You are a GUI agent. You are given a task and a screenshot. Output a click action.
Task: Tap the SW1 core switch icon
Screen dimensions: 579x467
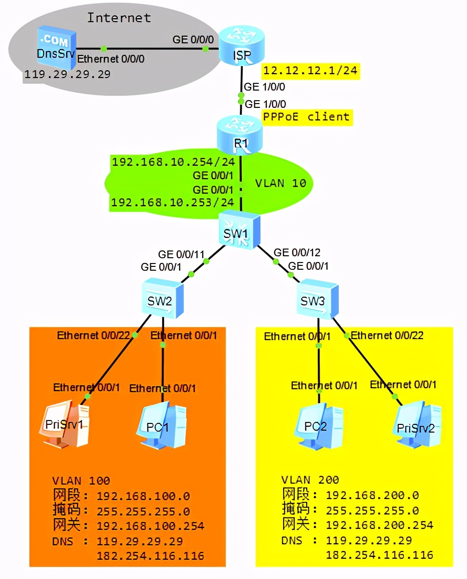click(x=239, y=231)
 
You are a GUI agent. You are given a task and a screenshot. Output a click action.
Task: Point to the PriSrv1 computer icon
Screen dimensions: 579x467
click(x=65, y=424)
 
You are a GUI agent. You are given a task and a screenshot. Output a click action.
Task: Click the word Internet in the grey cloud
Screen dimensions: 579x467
click(x=118, y=18)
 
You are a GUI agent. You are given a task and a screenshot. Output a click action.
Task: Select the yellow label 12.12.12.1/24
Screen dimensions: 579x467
click(x=311, y=71)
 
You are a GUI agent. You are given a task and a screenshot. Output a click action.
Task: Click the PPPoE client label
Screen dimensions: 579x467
click(x=306, y=117)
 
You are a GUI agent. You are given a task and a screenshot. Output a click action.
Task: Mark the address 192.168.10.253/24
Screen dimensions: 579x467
click(x=173, y=203)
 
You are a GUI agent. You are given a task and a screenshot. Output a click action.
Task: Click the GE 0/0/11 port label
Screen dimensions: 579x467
click(x=182, y=253)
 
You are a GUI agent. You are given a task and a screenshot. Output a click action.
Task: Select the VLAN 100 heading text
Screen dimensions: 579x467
click(x=81, y=480)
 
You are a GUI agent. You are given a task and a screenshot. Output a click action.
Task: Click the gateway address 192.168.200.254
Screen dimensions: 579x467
click(x=379, y=525)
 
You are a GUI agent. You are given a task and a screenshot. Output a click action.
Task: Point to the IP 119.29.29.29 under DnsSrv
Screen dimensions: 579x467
click(x=67, y=74)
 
